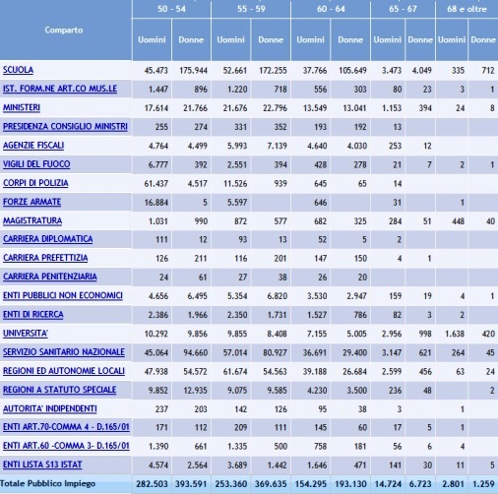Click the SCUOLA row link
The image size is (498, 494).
point(18,70)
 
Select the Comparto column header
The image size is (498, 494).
point(64,30)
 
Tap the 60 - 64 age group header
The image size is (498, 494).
point(331,9)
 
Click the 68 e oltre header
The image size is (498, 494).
point(467,9)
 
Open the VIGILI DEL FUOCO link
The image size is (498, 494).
point(36,164)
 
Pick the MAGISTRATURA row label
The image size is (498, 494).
point(32,220)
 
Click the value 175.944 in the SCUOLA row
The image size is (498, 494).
point(193,71)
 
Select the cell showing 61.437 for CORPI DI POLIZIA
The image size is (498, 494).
point(156,184)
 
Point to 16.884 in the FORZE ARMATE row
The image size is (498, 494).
point(156,203)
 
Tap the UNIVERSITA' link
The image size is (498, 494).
point(26,334)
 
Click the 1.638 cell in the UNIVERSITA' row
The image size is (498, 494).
point(455,334)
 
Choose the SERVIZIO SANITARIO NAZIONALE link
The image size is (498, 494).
point(64,352)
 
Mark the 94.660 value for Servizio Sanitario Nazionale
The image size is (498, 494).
point(195,352)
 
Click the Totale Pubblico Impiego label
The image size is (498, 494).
point(47,483)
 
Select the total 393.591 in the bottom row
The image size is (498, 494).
point(191,484)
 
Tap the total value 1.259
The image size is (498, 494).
point(483,484)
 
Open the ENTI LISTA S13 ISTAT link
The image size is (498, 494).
point(42,464)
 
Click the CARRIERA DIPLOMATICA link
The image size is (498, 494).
point(47,239)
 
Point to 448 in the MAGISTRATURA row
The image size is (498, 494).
point(458,221)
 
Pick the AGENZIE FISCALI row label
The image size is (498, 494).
point(33,146)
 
